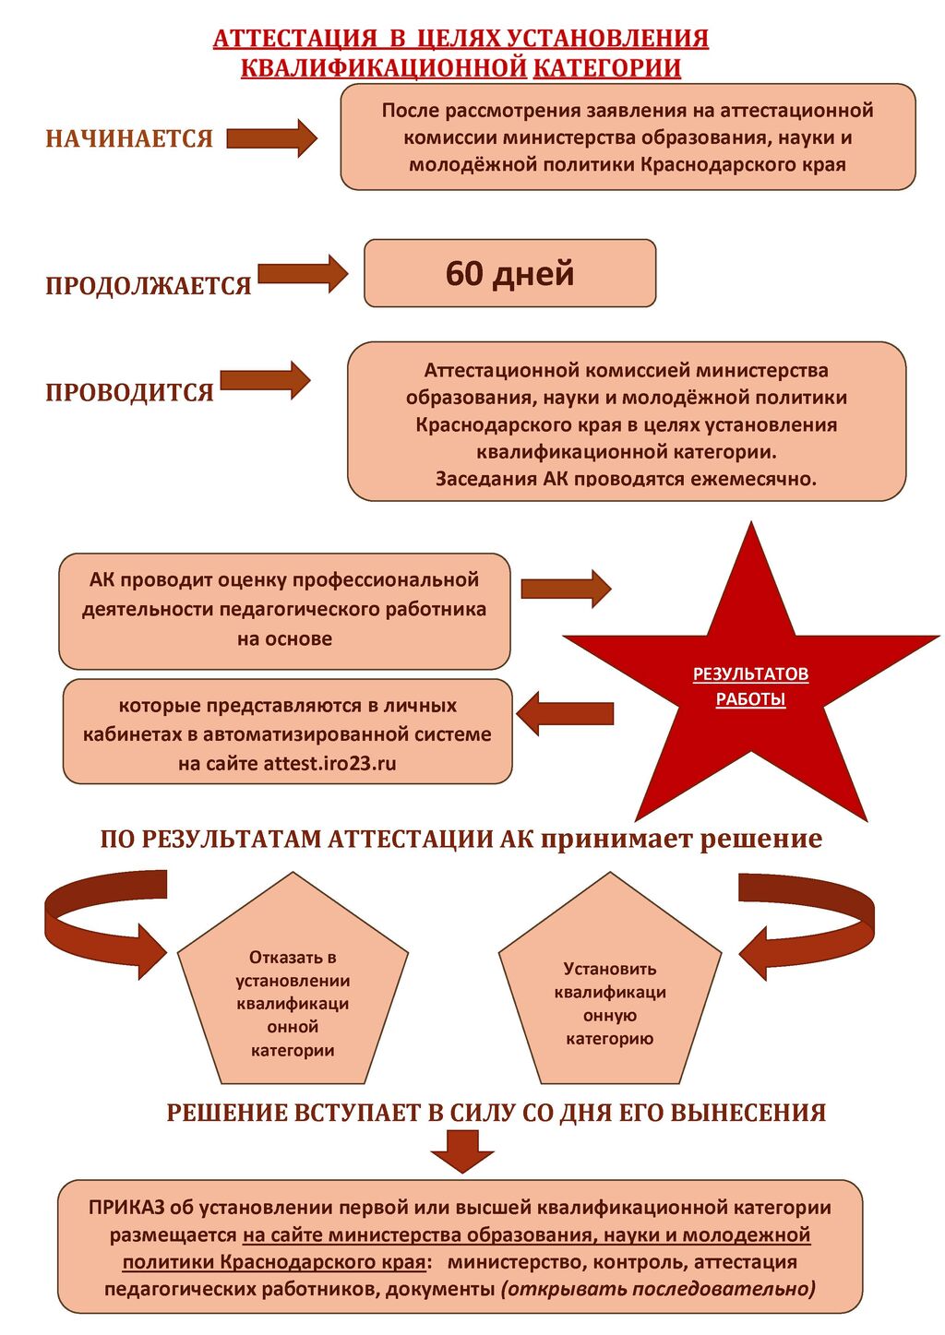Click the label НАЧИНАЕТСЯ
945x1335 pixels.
[129, 138]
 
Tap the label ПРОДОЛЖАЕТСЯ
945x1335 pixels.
[149, 285]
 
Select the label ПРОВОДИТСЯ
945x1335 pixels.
[129, 392]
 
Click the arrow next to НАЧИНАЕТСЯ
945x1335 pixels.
[271, 138]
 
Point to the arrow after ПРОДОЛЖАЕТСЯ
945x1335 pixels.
[302, 273]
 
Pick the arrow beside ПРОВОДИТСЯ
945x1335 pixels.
[265, 380]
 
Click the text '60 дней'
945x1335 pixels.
[509, 273]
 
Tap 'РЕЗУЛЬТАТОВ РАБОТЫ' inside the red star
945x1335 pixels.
[750, 686]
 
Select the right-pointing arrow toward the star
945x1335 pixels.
[565, 589]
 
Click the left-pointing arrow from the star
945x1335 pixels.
[565, 713]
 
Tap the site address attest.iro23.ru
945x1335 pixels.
[329, 763]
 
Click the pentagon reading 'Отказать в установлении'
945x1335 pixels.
[293, 992]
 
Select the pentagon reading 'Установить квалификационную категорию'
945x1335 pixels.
[609, 992]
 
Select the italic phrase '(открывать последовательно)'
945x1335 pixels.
[658, 1289]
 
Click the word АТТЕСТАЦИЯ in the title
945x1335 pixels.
[295, 39]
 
